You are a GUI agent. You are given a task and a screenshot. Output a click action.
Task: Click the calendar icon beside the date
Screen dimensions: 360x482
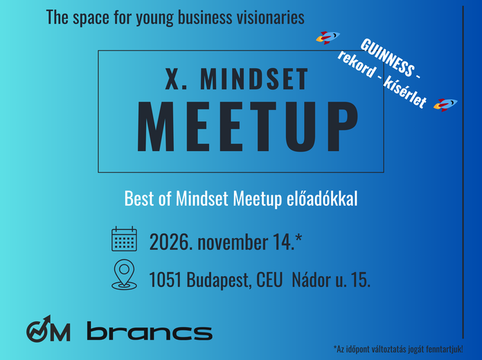click(x=124, y=240)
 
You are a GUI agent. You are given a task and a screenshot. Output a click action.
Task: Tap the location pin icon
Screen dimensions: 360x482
click(x=124, y=274)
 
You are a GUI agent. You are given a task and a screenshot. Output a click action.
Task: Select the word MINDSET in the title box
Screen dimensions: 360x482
click(x=254, y=79)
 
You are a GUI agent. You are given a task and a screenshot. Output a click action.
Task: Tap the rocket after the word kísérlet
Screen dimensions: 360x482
click(x=445, y=105)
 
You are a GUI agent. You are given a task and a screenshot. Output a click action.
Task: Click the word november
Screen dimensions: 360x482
click(x=231, y=242)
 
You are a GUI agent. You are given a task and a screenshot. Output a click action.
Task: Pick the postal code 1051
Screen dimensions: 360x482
click(x=164, y=280)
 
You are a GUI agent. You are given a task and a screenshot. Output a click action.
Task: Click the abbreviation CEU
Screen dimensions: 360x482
click(x=269, y=280)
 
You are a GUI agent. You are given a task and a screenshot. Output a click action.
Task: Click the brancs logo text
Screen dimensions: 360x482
click(x=150, y=332)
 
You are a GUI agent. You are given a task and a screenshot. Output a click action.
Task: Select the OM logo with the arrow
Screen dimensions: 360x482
click(x=48, y=330)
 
